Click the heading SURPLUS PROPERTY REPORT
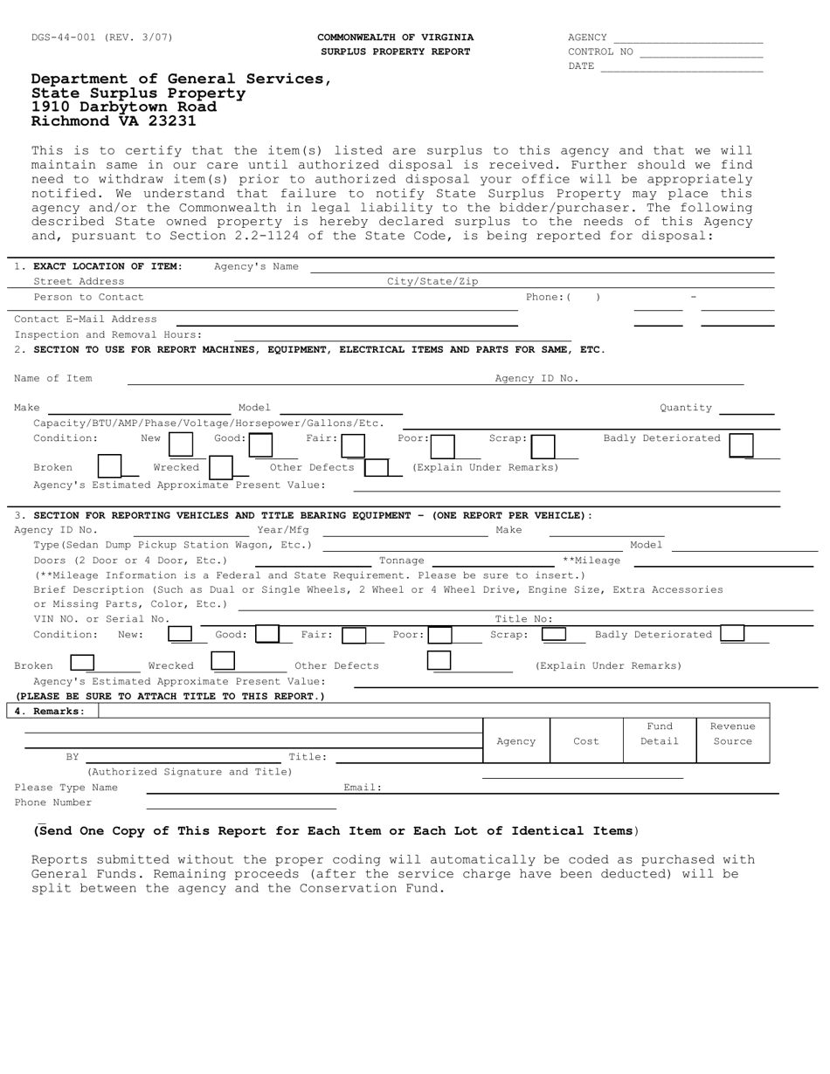[395, 52]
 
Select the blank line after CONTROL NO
[701, 52]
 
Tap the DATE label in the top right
[581, 66]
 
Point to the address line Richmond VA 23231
[114, 121]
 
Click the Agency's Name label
[256, 266]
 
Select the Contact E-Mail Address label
[86, 319]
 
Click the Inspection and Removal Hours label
[107, 334]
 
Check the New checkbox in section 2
[181, 445]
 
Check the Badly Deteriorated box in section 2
[741, 445]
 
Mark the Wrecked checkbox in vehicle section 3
[223, 662]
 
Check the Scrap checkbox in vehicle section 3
[554, 635]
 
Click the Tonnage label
[401, 560]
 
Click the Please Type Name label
[66, 788]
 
